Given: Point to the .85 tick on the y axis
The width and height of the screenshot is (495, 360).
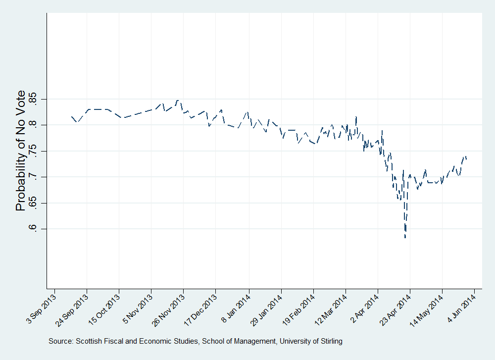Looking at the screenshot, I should (33, 100).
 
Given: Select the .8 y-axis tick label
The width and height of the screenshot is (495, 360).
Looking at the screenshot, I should (33, 125).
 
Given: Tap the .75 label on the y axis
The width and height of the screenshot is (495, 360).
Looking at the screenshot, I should (33, 151).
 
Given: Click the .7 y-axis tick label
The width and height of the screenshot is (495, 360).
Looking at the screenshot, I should (33, 177).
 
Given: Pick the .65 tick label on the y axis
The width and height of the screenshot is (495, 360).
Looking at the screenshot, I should (33, 203).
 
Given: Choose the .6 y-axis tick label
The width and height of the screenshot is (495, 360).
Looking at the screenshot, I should (33, 229).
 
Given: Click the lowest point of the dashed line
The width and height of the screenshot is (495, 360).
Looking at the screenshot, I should (405, 238).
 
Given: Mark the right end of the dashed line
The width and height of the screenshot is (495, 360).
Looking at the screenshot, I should (466, 158).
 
